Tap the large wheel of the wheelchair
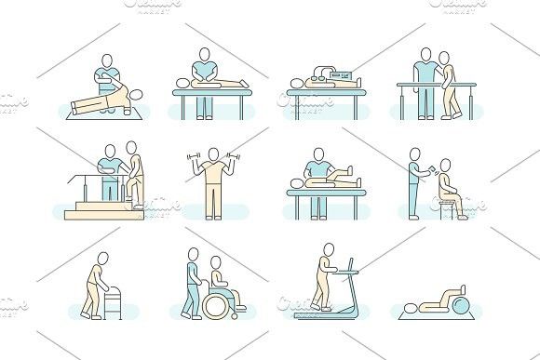coord(223,300)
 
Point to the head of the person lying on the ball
coord(413,305)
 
